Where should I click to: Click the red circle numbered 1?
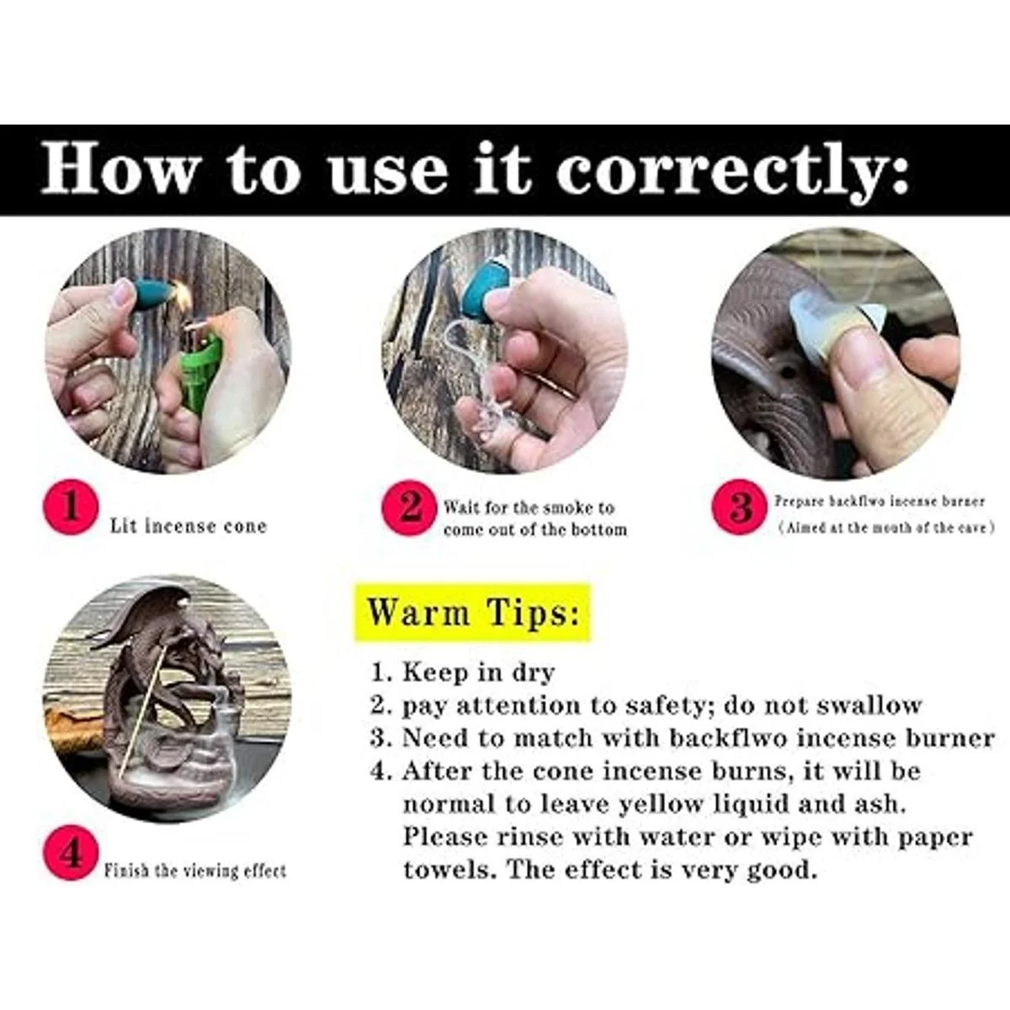(x=70, y=508)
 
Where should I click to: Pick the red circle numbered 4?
(x=70, y=853)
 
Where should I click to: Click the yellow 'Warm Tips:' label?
(x=472, y=612)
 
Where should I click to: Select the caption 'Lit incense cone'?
(x=189, y=526)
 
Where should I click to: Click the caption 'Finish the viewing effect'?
(x=195, y=870)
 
